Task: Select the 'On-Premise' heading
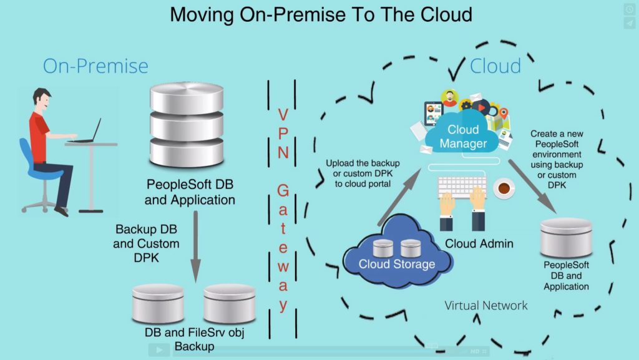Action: [x=95, y=66]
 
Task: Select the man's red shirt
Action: [x=39, y=134]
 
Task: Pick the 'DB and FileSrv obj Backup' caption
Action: [x=194, y=339]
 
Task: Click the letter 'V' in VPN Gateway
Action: [x=282, y=115]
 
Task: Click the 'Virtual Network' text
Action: [x=486, y=305]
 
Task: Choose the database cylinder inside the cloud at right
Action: [x=566, y=237]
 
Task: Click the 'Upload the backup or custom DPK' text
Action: [x=363, y=173]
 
